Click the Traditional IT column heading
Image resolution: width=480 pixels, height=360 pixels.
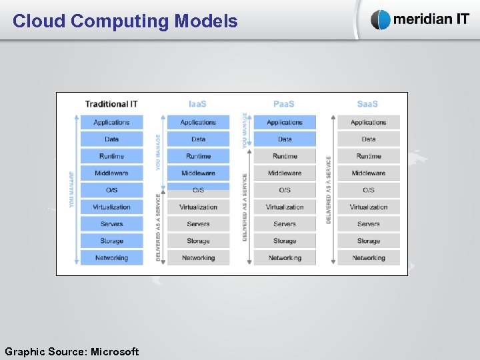[x=111, y=104]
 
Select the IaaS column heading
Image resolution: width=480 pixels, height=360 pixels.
[x=198, y=104]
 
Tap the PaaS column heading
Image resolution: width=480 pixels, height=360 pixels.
[x=284, y=104]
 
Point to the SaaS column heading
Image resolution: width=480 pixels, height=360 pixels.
[x=368, y=104]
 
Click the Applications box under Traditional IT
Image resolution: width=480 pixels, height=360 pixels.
[x=112, y=123]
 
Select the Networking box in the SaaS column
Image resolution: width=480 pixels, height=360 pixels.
[x=369, y=258]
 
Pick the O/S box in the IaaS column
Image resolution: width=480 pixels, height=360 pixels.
[x=198, y=190]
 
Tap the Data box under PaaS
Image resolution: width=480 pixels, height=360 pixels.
[x=285, y=139]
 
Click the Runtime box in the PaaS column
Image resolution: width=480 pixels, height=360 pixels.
[x=285, y=156]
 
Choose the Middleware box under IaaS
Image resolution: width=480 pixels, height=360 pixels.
[x=198, y=173]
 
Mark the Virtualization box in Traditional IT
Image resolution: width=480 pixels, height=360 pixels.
[x=112, y=207]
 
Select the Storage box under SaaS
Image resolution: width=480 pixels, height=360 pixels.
[x=369, y=241]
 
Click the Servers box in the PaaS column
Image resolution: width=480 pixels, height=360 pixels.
[x=285, y=224]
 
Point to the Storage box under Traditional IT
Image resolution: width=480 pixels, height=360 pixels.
[x=112, y=241]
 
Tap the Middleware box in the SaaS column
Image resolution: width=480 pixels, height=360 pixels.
[x=369, y=173]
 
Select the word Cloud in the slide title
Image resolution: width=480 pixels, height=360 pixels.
[x=39, y=21]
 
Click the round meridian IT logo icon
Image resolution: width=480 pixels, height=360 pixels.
[x=381, y=20]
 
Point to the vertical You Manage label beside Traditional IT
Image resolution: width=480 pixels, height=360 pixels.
[x=72, y=190]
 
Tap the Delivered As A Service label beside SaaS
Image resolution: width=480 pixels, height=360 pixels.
[x=329, y=190]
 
